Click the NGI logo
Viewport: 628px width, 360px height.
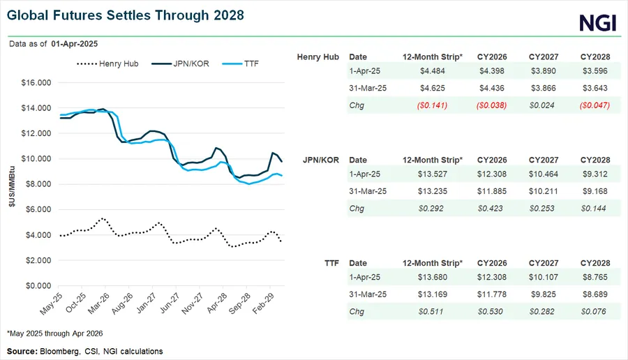597,22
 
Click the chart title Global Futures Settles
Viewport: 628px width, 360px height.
125,14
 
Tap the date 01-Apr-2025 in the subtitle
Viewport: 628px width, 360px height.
74,43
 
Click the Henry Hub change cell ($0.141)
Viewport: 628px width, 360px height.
431,105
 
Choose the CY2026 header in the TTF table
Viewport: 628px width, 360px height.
493,263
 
